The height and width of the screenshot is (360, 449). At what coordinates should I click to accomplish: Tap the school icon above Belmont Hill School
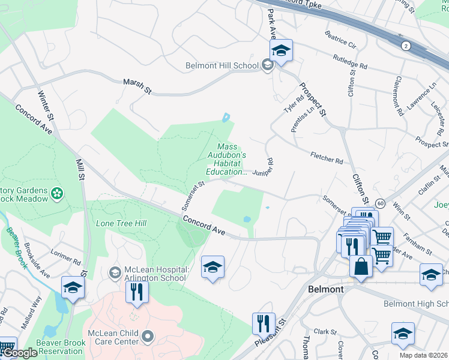click(x=280, y=50)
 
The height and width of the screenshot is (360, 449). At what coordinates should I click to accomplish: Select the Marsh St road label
click(x=137, y=85)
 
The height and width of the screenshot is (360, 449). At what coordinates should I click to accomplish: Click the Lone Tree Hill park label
click(x=121, y=223)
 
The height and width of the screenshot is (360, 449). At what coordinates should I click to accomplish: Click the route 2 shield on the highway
click(x=406, y=46)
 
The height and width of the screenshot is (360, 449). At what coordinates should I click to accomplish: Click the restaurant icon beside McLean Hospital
click(x=137, y=292)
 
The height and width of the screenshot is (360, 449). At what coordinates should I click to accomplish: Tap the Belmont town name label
click(x=325, y=289)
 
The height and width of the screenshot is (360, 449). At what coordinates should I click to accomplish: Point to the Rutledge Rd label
click(x=349, y=61)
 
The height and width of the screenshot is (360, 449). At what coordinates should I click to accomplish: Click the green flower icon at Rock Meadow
click(x=57, y=193)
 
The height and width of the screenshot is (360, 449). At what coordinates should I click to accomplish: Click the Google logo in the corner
click(x=20, y=353)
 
